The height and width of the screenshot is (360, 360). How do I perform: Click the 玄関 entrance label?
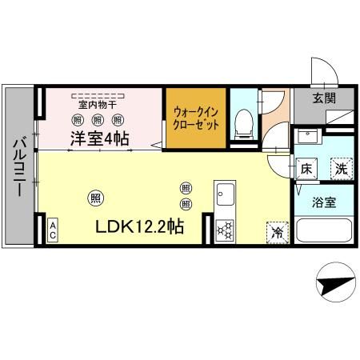point(324,98)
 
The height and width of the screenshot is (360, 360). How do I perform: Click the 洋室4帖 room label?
point(100,137)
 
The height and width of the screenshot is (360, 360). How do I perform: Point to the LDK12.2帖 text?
point(140,226)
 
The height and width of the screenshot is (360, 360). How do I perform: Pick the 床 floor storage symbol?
point(306,169)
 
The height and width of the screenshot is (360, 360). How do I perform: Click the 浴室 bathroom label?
point(323,201)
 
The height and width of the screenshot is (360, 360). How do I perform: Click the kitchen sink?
point(224,194)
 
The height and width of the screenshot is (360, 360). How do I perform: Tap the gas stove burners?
point(224,230)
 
